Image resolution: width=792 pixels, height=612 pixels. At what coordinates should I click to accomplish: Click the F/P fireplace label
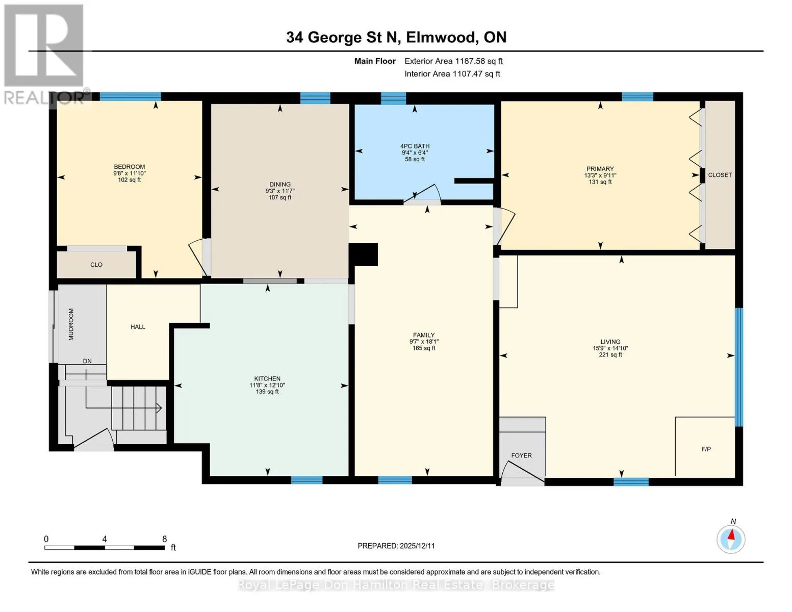point(706,449)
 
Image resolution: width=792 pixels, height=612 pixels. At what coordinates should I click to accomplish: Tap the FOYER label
point(521,455)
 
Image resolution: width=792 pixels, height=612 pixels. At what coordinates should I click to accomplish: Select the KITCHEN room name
point(267,379)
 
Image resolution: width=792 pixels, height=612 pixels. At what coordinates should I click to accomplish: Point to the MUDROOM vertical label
point(71,324)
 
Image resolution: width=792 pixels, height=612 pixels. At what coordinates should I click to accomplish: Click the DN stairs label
point(87,361)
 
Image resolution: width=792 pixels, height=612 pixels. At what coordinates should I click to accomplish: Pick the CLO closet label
point(96,265)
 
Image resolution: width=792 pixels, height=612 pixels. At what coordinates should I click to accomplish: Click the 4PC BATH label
point(415,146)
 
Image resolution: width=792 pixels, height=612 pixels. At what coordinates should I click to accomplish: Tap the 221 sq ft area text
point(610,354)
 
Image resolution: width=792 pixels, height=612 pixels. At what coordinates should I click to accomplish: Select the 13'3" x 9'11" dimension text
point(600,175)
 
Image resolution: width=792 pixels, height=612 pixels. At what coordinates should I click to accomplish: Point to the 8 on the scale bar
point(164,539)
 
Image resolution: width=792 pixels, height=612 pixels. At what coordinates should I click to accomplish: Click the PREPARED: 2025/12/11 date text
point(396,546)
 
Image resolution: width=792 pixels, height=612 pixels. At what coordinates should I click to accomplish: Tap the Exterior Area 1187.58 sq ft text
point(453,61)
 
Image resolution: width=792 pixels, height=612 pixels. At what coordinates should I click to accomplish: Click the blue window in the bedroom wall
point(131,96)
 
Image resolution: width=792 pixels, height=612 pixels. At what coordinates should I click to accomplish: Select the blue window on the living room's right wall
point(739,367)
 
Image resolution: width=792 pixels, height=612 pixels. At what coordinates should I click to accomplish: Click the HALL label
point(138,327)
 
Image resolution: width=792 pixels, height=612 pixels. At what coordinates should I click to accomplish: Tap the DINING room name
point(280,185)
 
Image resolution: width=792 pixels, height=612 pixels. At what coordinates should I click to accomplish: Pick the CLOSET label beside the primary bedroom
point(720,175)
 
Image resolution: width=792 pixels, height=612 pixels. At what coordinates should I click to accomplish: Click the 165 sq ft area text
point(423,348)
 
